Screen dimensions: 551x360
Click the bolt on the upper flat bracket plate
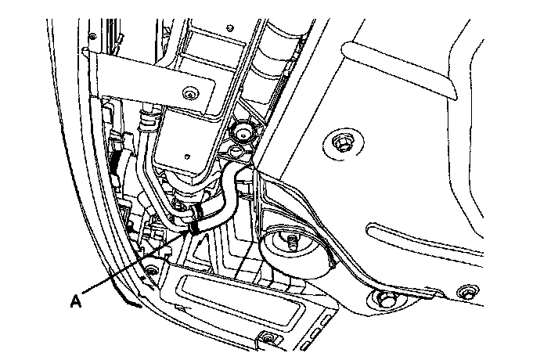point(189,96)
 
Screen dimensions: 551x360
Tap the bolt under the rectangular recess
point(268,338)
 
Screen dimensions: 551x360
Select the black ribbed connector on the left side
point(117,160)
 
